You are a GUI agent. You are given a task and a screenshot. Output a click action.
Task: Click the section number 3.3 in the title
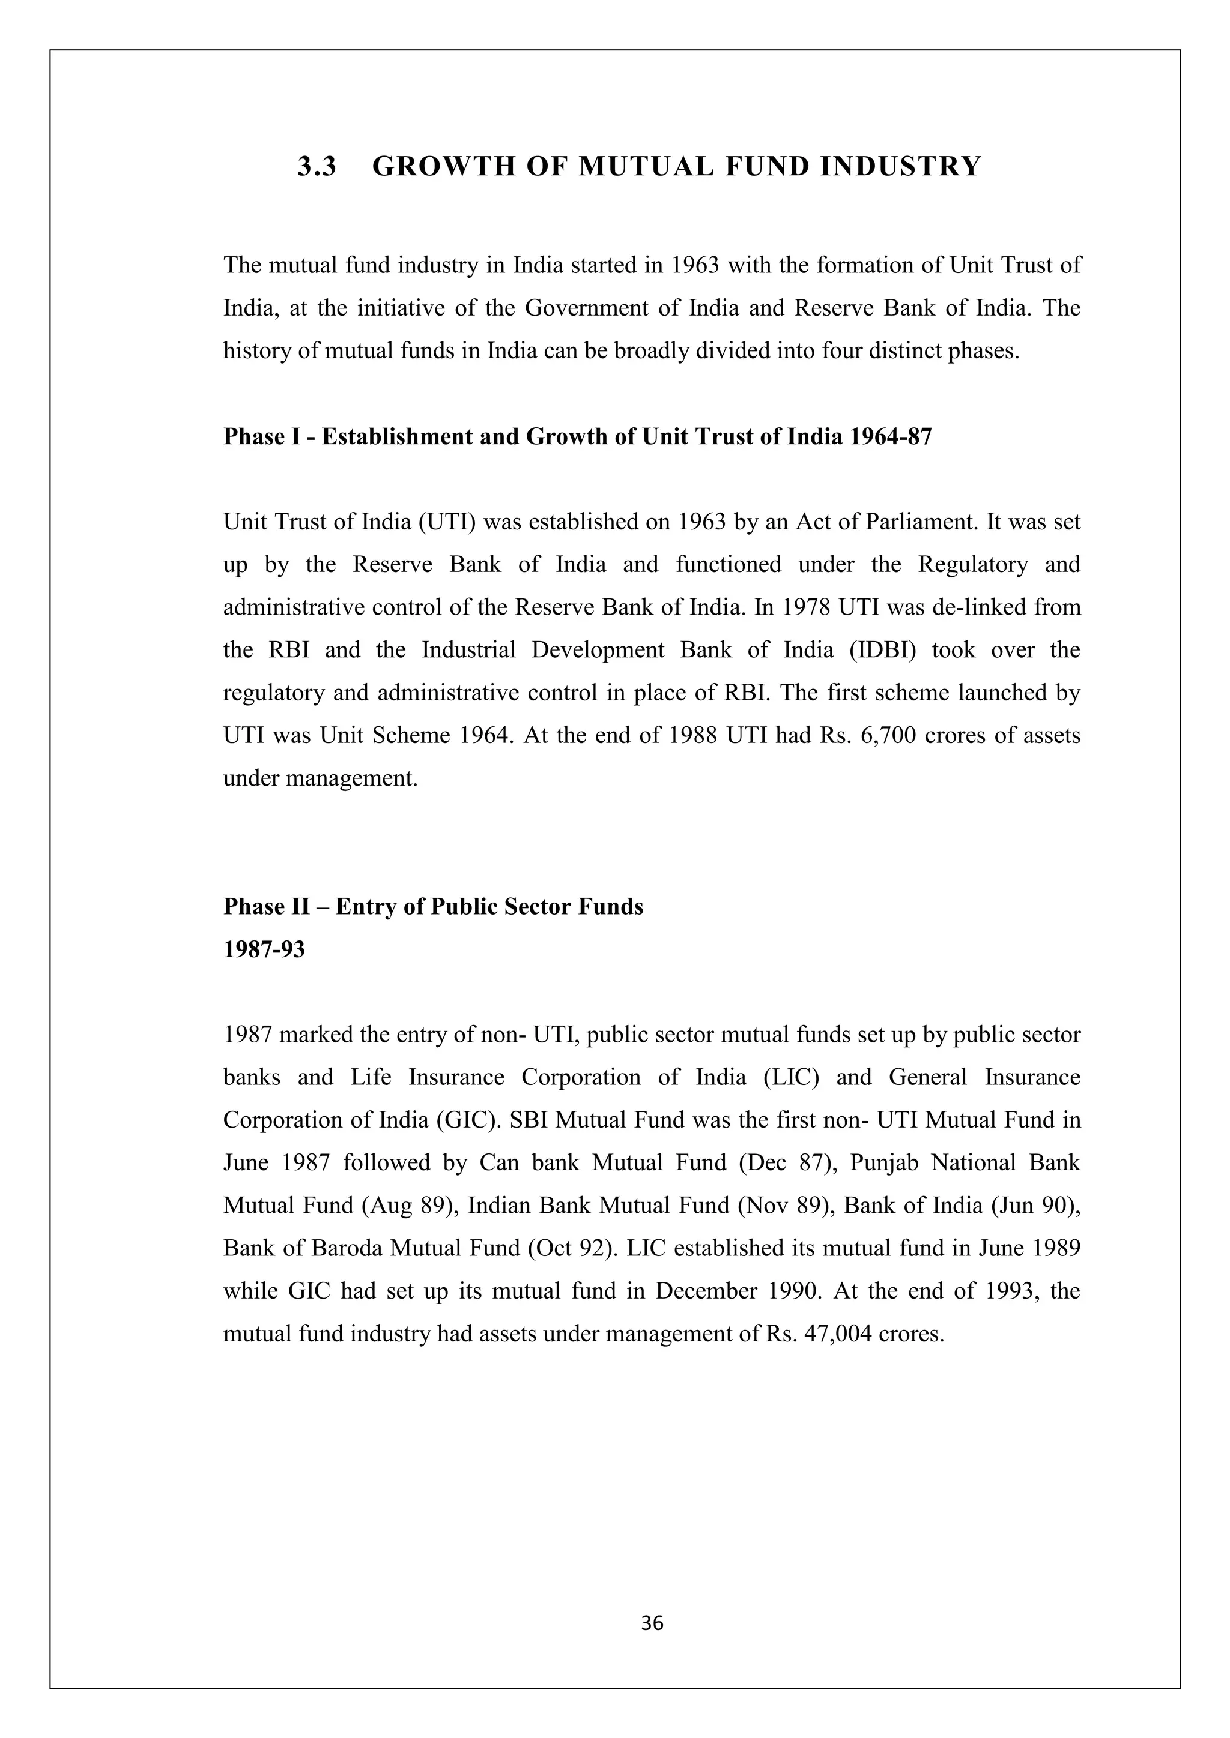click(316, 166)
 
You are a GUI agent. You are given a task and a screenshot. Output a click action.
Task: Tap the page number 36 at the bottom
click(652, 1623)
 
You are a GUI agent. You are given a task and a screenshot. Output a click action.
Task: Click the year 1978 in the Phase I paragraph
click(806, 608)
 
